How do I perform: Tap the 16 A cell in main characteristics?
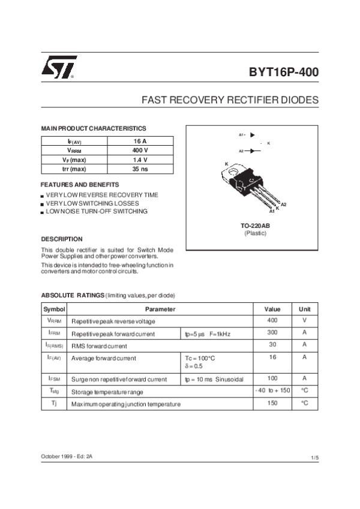pos(140,141)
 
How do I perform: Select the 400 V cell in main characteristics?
pos(140,150)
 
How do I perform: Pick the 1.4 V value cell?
pos(140,160)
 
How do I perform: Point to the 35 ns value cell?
pos(140,170)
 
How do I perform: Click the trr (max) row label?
pos(73,170)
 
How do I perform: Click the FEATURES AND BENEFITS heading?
pos(80,184)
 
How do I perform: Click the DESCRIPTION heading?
pos(61,239)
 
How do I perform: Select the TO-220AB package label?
pos(255,225)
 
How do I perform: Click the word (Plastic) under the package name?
pos(255,233)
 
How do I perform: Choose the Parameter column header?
pos(160,309)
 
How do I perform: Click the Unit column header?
pos(305,309)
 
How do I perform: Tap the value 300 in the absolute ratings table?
pos(272,332)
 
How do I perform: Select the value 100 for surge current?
pos(272,378)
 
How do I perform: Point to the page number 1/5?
pos(314,458)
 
